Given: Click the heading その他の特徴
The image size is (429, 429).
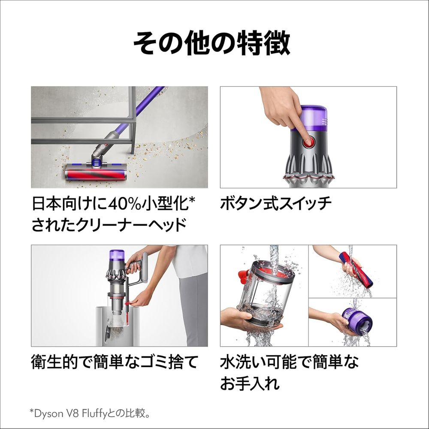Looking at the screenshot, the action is click(211, 43).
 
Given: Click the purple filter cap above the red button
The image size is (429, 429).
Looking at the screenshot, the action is click(314, 118).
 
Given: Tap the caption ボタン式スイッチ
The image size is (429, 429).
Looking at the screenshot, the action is click(275, 203).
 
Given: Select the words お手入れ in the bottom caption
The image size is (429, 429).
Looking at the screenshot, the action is click(250, 383).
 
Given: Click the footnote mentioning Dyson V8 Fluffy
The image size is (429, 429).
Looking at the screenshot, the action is click(90, 413).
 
